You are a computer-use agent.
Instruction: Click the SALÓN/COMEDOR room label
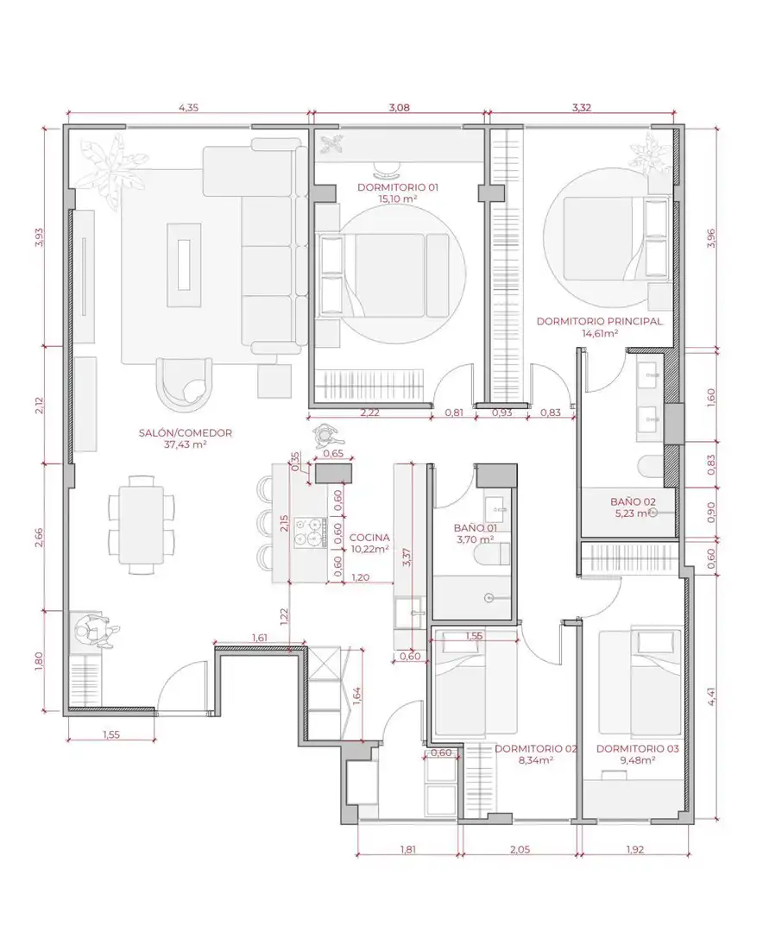click(x=185, y=433)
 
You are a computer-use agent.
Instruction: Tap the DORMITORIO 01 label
click(x=398, y=187)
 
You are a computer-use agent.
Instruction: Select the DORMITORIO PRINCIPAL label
click(x=599, y=322)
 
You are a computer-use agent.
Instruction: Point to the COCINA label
click(x=369, y=538)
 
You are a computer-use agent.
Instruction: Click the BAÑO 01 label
click(x=475, y=528)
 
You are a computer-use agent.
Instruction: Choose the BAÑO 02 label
click(x=633, y=501)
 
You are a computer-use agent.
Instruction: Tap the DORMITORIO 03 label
click(x=637, y=749)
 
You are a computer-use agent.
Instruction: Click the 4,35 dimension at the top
click(x=188, y=108)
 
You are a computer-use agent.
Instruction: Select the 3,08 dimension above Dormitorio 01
click(x=400, y=108)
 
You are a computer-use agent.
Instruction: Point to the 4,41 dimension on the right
click(x=711, y=696)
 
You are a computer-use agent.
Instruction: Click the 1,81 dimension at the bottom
click(x=407, y=849)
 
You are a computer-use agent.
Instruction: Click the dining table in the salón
click(x=142, y=525)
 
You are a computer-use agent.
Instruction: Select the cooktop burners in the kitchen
click(x=311, y=532)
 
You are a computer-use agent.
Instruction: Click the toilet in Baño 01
click(x=494, y=553)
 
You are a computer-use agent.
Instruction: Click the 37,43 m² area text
click(x=185, y=444)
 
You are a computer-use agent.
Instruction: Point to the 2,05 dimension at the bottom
click(x=520, y=849)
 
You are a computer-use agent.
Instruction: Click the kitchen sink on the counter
click(x=410, y=612)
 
